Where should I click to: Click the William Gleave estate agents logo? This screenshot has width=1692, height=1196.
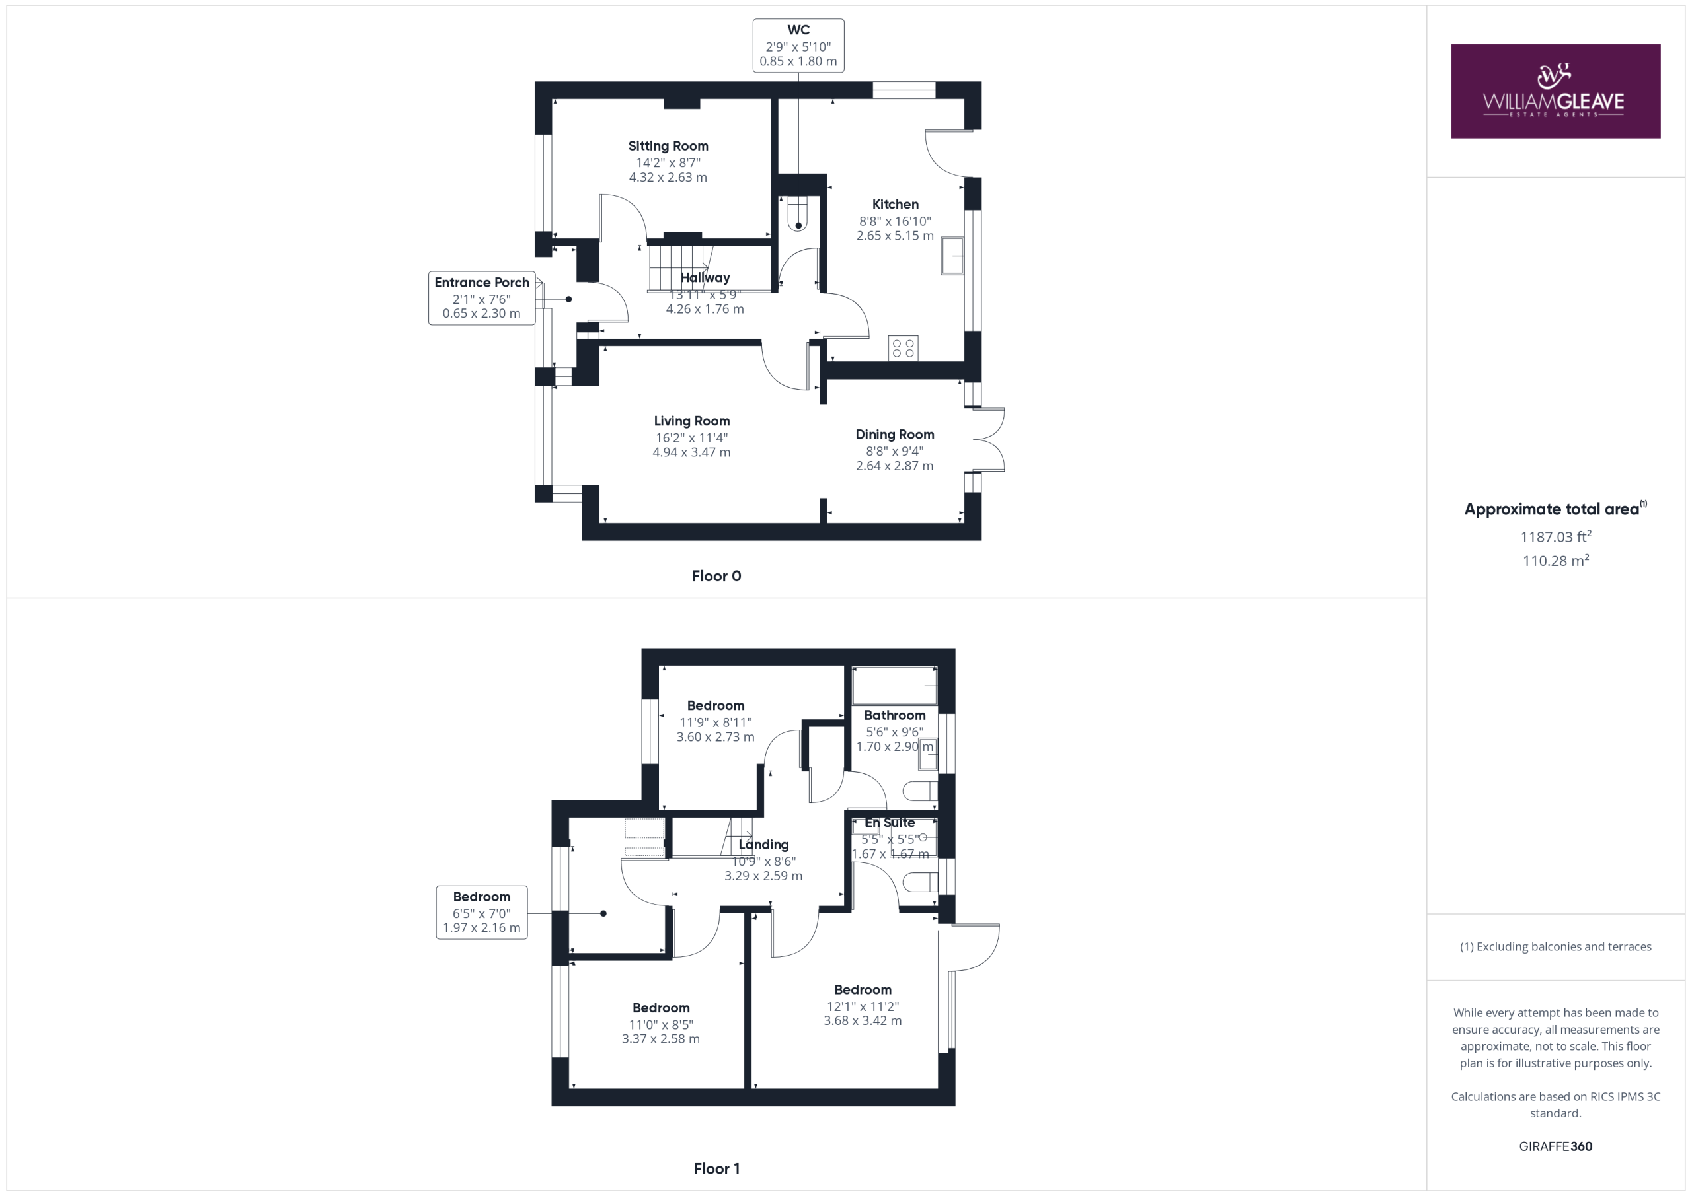coord(1556,90)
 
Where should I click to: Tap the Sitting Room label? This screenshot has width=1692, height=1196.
coord(668,146)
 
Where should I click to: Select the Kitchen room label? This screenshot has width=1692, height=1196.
coord(896,204)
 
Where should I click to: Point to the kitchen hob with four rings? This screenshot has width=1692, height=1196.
coord(904,347)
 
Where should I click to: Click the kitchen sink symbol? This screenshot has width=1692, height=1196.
coord(952,256)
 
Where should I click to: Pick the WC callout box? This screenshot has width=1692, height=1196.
coord(798,46)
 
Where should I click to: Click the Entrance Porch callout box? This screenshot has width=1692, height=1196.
coord(481,298)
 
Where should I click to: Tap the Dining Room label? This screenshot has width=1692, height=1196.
coord(895,435)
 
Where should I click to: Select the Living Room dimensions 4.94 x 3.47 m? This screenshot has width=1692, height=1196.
coord(691,452)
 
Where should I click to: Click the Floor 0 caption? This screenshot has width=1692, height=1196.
coord(716,576)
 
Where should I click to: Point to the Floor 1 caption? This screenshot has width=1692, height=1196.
coord(716,1168)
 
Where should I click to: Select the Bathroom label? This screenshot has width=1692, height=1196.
coord(895,715)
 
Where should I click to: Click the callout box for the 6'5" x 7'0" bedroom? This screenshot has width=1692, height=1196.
coord(481,912)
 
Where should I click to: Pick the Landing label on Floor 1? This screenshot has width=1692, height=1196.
coord(763,845)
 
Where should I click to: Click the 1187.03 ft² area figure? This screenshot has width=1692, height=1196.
coord(1556,536)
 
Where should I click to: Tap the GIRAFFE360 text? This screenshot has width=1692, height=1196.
coord(1556,1146)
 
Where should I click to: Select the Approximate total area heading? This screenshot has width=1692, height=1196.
coord(1556,509)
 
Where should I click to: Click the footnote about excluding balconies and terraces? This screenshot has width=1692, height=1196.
coord(1556,946)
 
